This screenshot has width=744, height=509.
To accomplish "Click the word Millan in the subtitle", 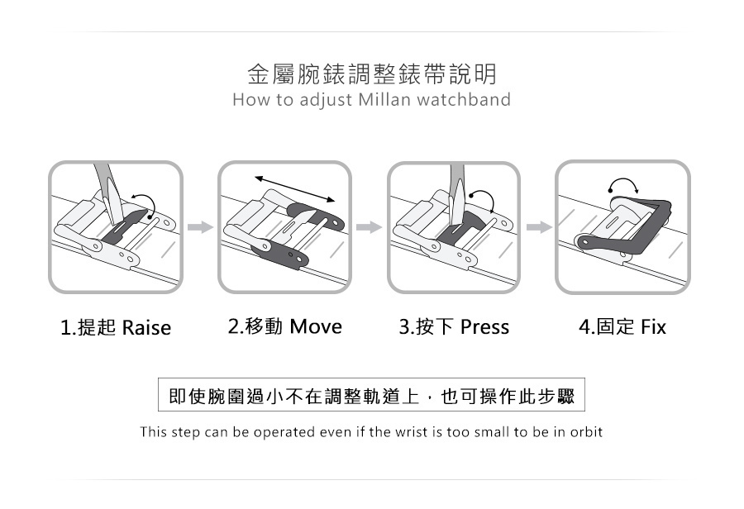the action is [x=384, y=100].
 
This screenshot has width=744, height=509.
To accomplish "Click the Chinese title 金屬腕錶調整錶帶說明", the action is [x=372, y=74].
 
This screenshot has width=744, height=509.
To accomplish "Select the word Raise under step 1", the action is [x=146, y=327].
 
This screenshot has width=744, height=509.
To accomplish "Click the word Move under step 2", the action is [x=316, y=326].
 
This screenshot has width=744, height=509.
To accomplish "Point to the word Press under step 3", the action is [x=484, y=327].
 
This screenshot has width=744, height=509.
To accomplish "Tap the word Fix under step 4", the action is [x=653, y=327].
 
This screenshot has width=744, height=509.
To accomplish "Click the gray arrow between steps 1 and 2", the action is [x=200, y=227].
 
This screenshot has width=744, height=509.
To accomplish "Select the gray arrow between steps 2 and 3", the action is [x=369, y=227].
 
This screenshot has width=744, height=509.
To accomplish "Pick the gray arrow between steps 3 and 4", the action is [x=539, y=227].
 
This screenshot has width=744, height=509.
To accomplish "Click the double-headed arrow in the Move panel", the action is [x=294, y=188].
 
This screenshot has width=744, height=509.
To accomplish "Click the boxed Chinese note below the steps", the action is [x=371, y=395].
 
